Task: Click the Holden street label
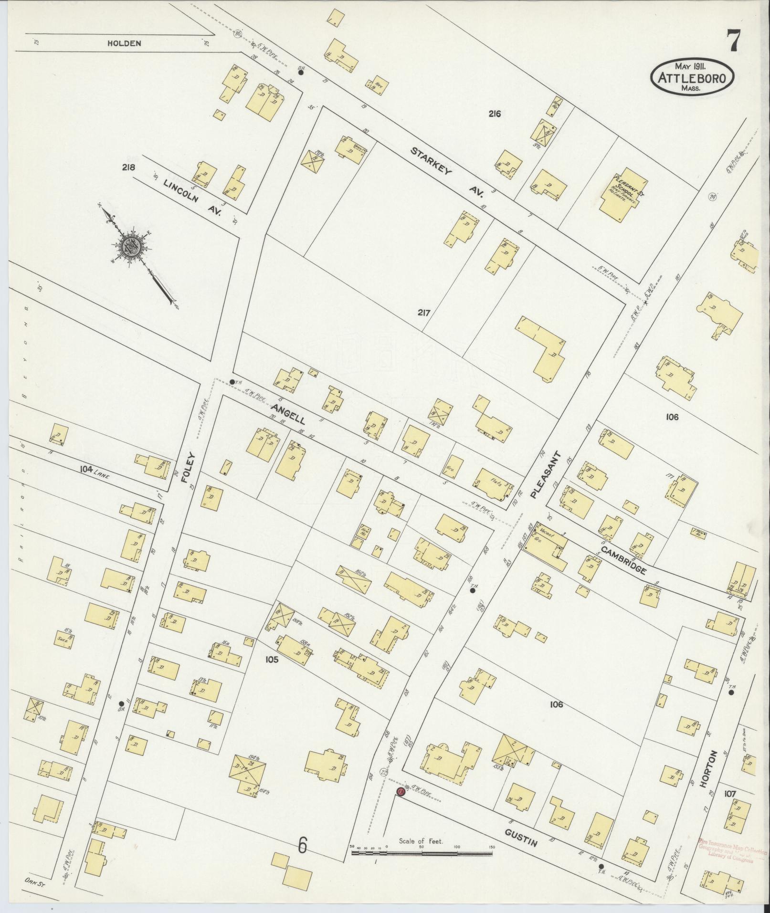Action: pos(124,43)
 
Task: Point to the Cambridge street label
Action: pos(623,560)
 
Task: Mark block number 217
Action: pos(424,314)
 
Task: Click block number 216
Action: pos(494,114)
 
